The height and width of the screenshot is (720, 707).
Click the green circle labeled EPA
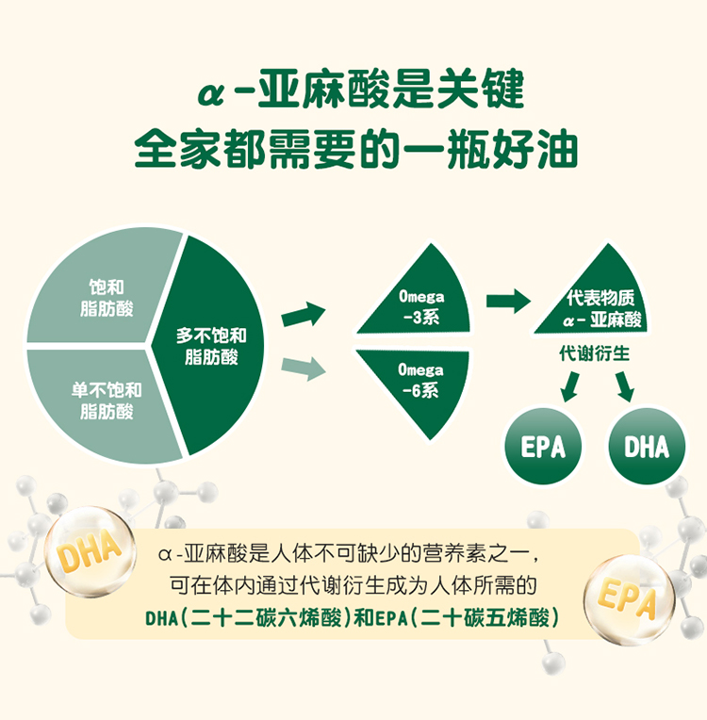click(543, 446)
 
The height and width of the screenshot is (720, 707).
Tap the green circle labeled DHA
click(647, 446)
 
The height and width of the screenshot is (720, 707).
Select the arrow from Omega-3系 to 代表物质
click(508, 302)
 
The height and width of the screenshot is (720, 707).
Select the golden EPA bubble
click(630, 599)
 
